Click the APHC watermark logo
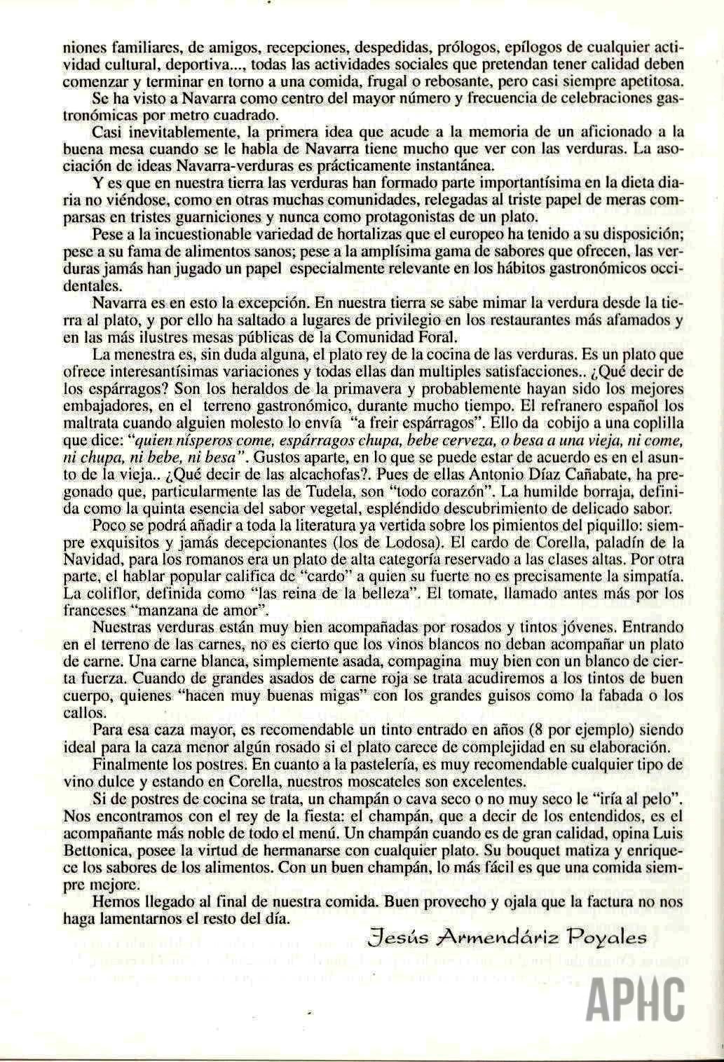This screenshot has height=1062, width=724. (x=636, y=998)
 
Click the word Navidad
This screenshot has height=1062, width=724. (x=94, y=559)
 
